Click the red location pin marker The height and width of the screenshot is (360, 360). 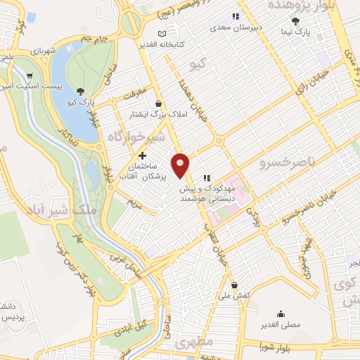coord(181,165)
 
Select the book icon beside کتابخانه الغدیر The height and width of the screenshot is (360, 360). coord(162,34)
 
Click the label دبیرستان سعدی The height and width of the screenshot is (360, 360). coord(238,29)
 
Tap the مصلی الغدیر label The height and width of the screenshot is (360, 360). coord(281,326)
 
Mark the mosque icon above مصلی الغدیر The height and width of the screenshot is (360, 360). coord(281,314)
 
